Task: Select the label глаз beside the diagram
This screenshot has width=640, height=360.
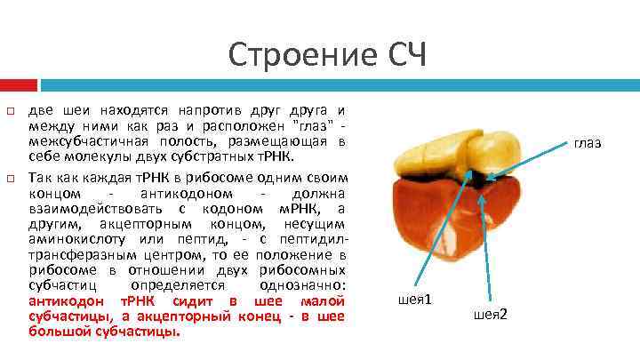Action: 588,142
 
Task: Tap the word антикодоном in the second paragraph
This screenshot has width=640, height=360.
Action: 188,193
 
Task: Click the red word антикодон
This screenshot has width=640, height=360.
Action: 63,300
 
